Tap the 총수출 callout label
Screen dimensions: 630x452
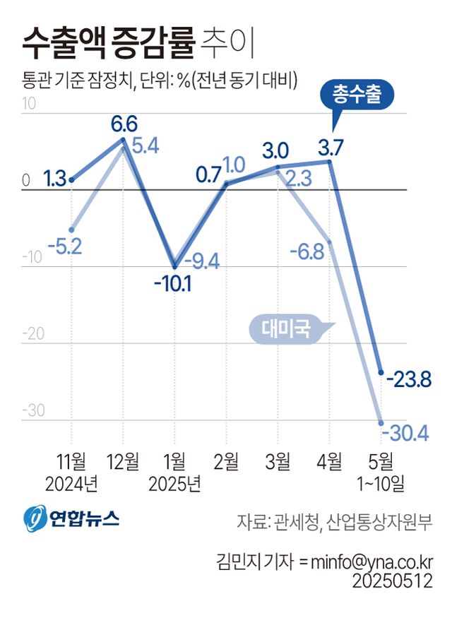(357, 95)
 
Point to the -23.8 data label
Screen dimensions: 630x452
(409, 381)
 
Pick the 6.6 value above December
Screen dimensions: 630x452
(124, 124)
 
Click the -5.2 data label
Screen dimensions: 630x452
(65, 246)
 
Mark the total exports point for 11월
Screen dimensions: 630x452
(72, 180)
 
